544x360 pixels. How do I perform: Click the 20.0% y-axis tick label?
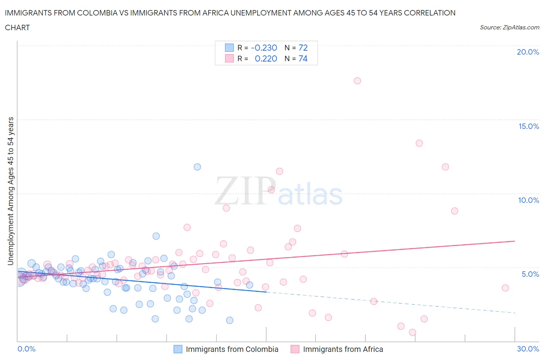tap(528, 52)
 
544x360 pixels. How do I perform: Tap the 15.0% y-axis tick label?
tap(529, 126)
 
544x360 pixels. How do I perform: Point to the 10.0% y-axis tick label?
tap(529, 200)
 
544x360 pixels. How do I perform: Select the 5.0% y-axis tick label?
tap(530, 274)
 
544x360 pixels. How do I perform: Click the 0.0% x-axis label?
tap(26, 349)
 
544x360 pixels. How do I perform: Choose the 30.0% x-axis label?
tap(528, 349)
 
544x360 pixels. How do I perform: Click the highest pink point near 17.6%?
tap(357, 81)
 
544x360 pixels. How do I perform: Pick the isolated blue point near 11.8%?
tap(197, 167)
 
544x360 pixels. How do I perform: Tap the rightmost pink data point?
tap(505, 288)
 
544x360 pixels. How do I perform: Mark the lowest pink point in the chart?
tap(412, 332)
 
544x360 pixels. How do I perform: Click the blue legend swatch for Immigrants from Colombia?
tap(178, 349)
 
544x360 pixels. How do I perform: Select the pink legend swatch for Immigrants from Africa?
tap(295, 349)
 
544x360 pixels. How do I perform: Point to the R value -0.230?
tap(264, 48)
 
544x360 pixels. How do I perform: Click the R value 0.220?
tap(266, 58)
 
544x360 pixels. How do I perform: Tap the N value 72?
tap(303, 48)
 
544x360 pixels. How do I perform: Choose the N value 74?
tap(303, 58)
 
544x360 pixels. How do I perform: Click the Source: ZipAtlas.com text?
tap(509, 27)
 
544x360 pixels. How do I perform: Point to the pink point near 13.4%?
tap(419, 143)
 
